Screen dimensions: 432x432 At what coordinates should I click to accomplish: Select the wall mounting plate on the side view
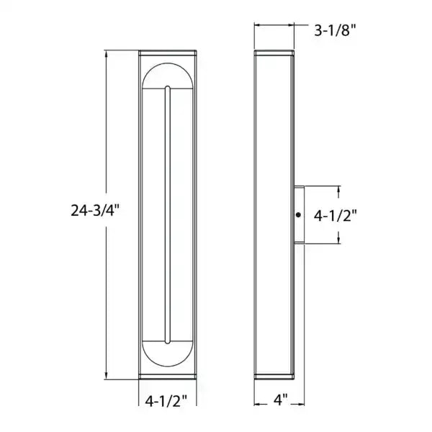299,215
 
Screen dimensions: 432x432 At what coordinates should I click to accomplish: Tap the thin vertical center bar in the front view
168,216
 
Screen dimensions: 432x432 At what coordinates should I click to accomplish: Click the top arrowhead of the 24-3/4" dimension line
107,53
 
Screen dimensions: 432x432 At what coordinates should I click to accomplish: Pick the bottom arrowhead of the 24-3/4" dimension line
107,377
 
